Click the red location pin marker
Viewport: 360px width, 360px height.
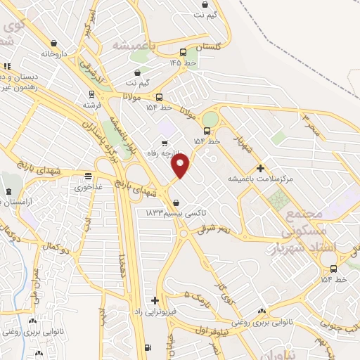181,165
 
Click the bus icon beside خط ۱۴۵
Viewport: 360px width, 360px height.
184,52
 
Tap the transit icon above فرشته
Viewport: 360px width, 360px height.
91,94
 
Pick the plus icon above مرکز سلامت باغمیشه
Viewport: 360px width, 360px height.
260,168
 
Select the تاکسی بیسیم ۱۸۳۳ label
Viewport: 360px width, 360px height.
169,212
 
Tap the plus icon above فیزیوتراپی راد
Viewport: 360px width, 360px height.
155,300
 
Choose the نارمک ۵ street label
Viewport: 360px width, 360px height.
197,295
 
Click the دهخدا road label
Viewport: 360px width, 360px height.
124,267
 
